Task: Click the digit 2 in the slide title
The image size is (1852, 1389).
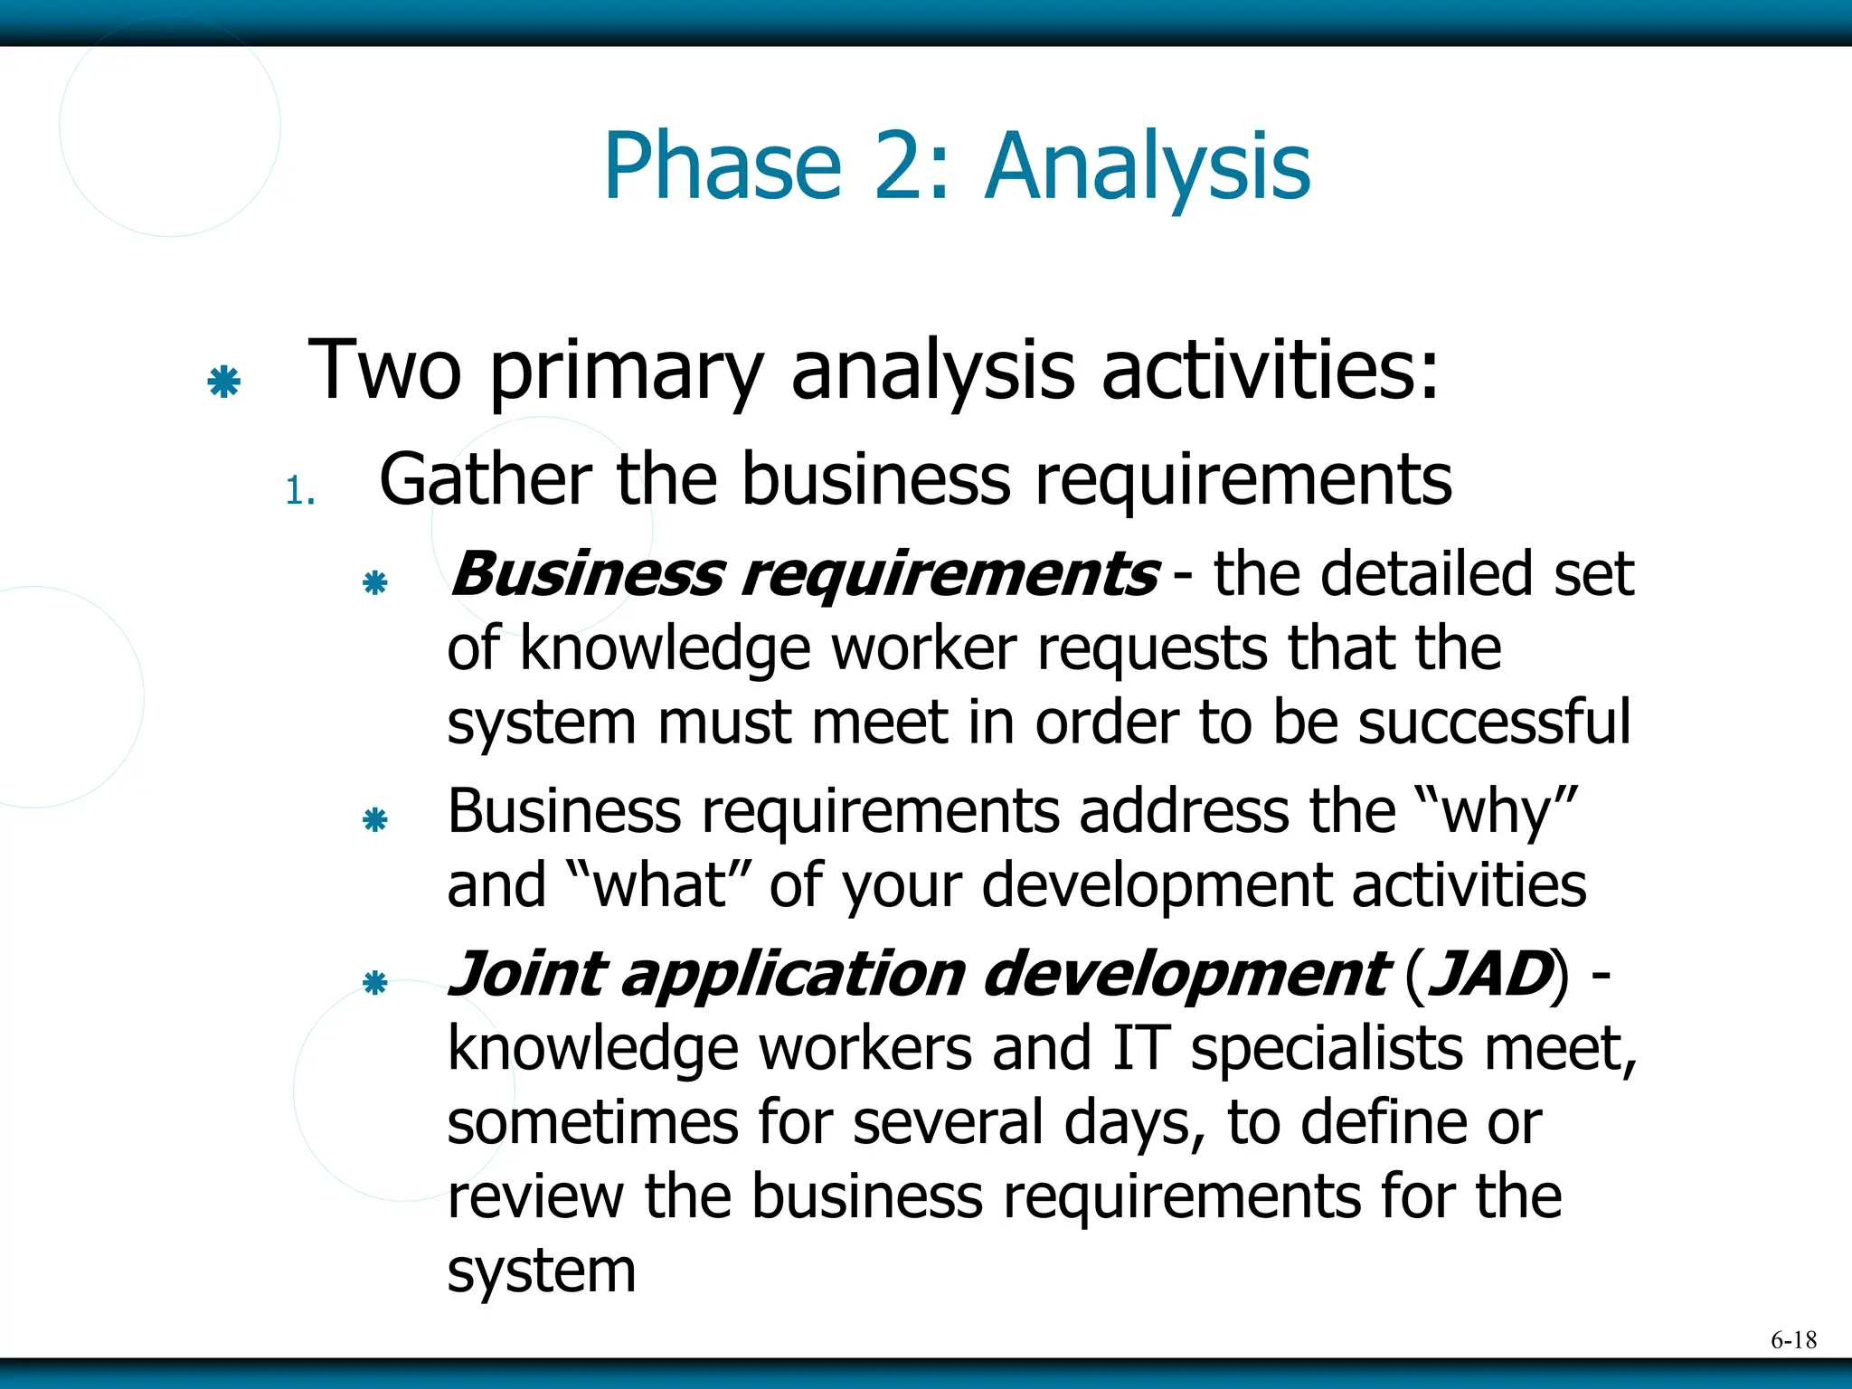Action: (x=904, y=167)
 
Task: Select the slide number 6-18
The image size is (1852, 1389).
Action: (x=1793, y=1340)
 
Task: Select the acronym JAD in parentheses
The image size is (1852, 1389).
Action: (x=1488, y=975)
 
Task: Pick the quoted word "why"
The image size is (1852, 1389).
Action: (x=1497, y=811)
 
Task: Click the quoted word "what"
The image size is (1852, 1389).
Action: (x=658, y=885)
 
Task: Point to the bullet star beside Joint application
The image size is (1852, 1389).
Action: (x=374, y=983)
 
